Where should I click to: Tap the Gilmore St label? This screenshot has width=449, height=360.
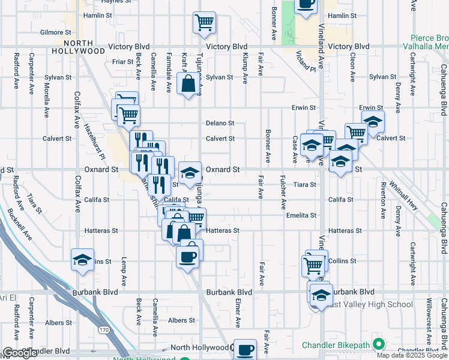pyautogui.click(x=56, y=32)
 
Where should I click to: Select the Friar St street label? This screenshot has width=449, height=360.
pyautogui.click(x=122, y=62)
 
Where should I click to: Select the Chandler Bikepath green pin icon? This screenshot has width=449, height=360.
pyautogui.click(x=378, y=344)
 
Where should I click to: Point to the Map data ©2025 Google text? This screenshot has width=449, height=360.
pyautogui.click(x=412, y=355)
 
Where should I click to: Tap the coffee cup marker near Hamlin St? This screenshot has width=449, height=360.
pyautogui.click(x=306, y=6)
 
